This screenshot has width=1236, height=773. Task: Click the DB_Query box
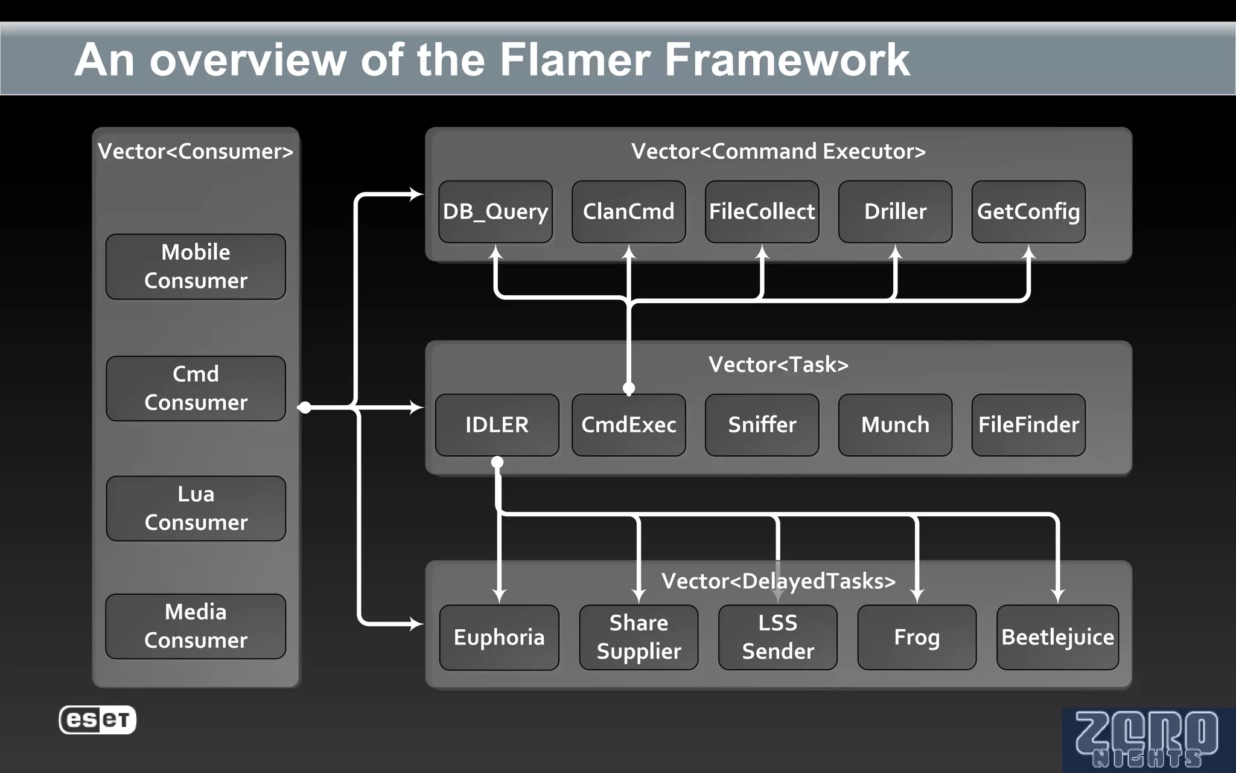[495, 212]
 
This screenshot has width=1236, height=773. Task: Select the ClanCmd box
[628, 212]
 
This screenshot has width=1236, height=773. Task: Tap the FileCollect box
[762, 212]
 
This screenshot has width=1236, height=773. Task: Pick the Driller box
[895, 212]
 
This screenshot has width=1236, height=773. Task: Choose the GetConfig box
[1028, 212]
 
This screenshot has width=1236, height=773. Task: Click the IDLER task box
[497, 425]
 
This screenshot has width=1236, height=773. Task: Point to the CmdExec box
[628, 425]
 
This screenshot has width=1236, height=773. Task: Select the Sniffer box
[762, 425]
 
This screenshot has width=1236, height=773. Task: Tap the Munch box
[895, 425]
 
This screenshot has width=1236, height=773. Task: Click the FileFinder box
[1028, 425]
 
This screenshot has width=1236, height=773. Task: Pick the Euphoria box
[499, 638]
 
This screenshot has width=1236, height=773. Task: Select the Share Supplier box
[639, 638]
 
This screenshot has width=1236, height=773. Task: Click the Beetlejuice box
[1057, 638]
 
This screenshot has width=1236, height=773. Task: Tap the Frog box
[917, 638]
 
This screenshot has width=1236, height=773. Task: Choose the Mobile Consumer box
[196, 267]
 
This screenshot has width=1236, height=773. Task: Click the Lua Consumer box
[196, 508]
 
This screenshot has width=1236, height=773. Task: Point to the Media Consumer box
[196, 626]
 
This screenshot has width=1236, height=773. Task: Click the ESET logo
[98, 720]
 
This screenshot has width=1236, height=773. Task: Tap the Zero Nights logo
[1147, 740]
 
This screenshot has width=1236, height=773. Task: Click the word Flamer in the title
[574, 60]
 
